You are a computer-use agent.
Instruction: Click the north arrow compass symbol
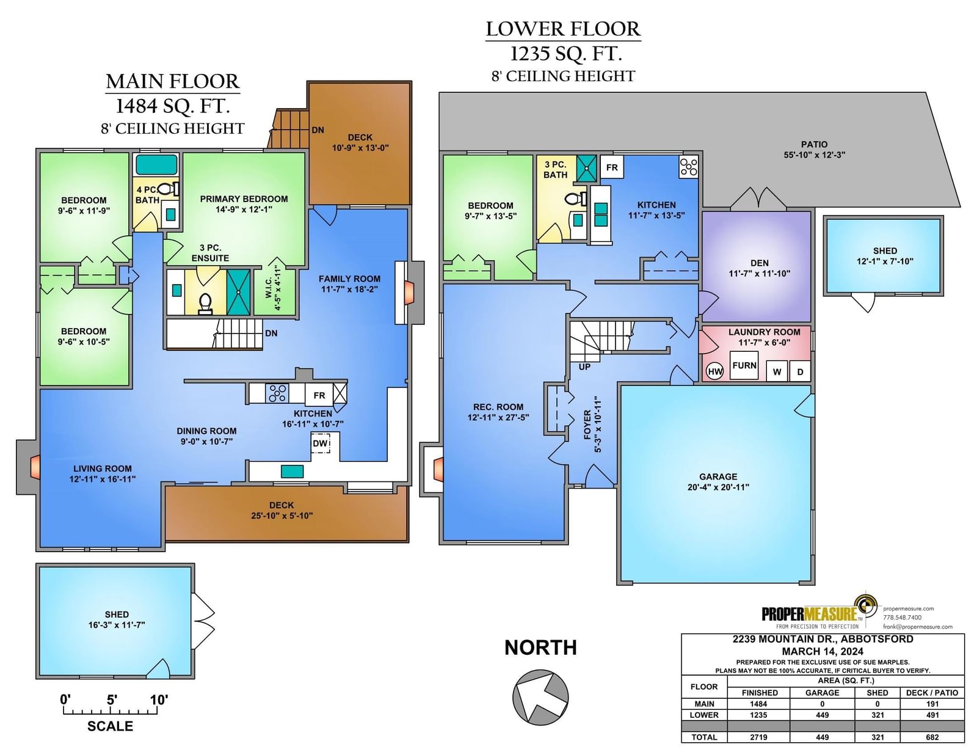pyautogui.click(x=540, y=698)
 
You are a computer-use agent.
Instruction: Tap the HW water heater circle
pyautogui.click(x=715, y=371)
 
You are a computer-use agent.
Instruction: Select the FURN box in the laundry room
pyautogui.click(x=744, y=365)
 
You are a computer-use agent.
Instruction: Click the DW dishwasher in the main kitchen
pyautogui.click(x=320, y=443)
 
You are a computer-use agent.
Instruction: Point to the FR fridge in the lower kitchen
pyautogui.click(x=612, y=167)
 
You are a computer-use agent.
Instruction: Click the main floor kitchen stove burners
pyautogui.click(x=277, y=393)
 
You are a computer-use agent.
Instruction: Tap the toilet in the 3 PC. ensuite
pyautogui.click(x=205, y=304)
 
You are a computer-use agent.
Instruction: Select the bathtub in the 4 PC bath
pyautogui.click(x=156, y=164)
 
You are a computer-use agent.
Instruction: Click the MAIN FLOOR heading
pyautogui.click(x=173, y=82)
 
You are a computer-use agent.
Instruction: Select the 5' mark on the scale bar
pyautogui.click(x=112, y=699)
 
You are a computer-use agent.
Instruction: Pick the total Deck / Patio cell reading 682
pyautogui.click(x=932, y=737)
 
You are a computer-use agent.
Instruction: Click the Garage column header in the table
pyautogui.click(x=822, y=693)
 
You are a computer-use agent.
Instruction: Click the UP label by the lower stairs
pyautogui.click(x=584, y=367)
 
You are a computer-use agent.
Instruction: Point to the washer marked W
pyautogui.click(x=777, y=371)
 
